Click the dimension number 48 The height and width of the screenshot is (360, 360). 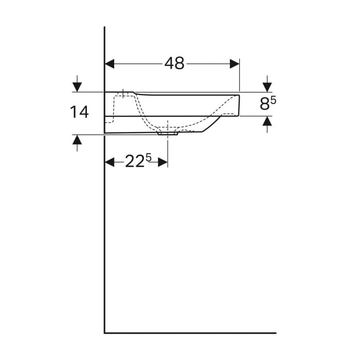pyautogui.click(x=174, y=63)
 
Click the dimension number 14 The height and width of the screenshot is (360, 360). pyautogui.click(x=79, y=112)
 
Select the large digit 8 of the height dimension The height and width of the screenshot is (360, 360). pyautogui.click(x=265, y=104)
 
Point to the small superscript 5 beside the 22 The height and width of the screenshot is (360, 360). pyautogui.click(x=149, y=158)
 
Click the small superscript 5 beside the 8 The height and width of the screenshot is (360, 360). pyautogui.click(x=273, y=101)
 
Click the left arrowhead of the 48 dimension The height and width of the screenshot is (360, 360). pyautogui.click(x=110, y=64)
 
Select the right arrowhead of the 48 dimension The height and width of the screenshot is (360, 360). pyautogui.click(x=235, y=64)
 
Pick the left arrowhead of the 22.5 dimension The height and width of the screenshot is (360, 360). pyautogui.click(x=110, y=163)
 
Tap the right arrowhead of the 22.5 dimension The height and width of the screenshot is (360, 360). pyautogui.click(x=163, y=163)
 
